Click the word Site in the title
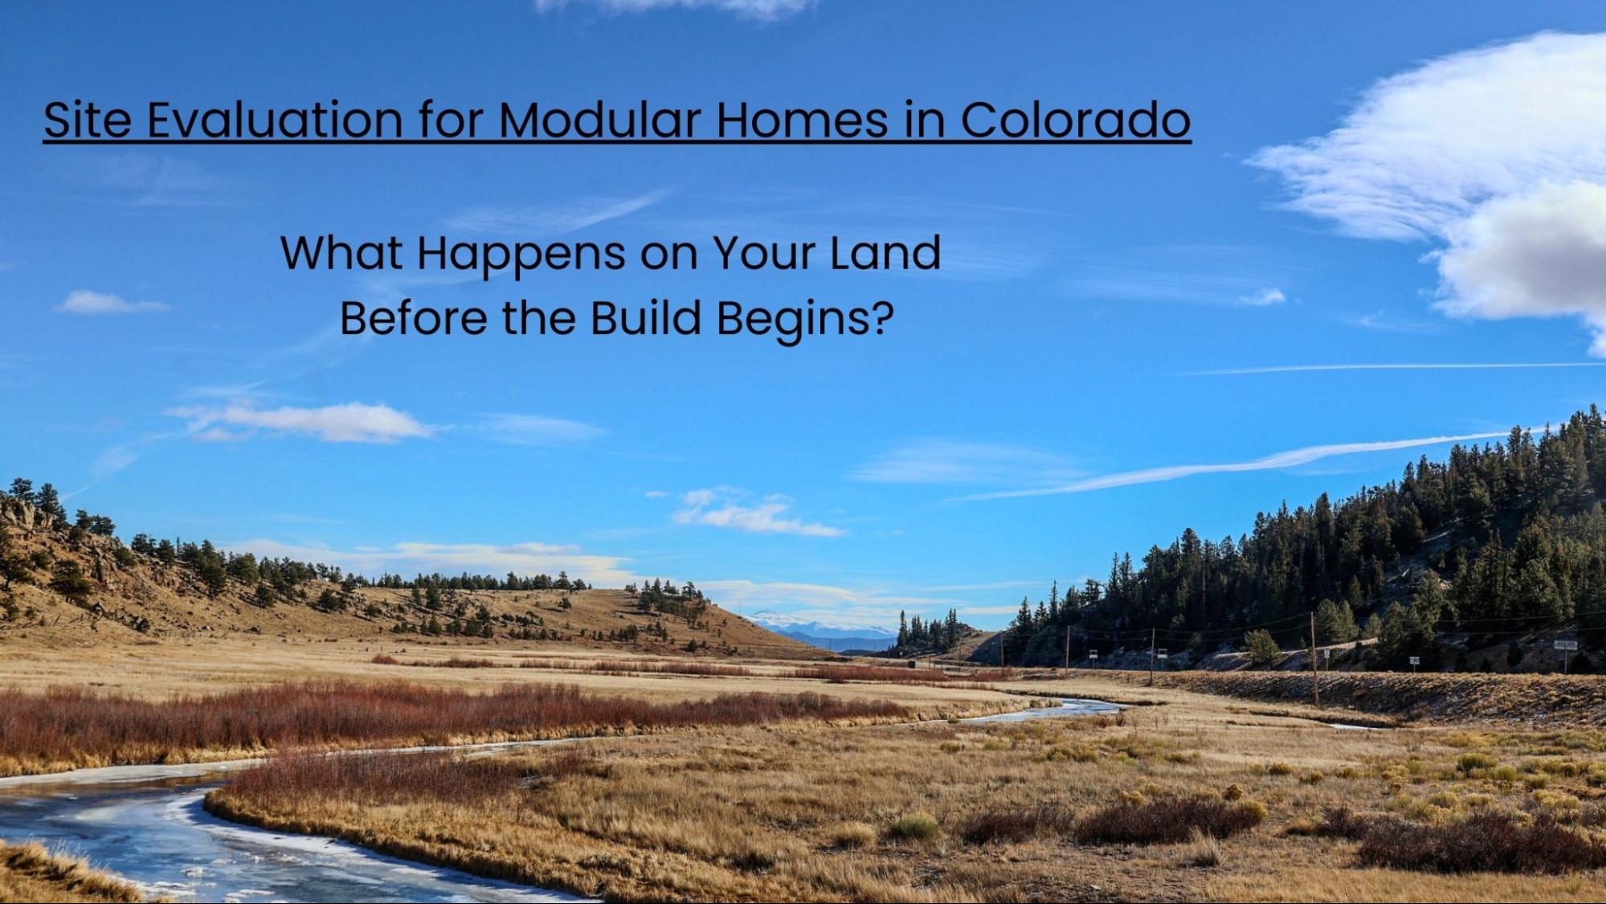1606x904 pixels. pos(87,120)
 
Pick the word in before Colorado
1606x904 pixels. pos(925,120)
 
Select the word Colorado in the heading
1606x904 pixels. pos(1076,120)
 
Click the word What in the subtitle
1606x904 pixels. pos(341,253)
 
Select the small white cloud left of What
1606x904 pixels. pos(111,303)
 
